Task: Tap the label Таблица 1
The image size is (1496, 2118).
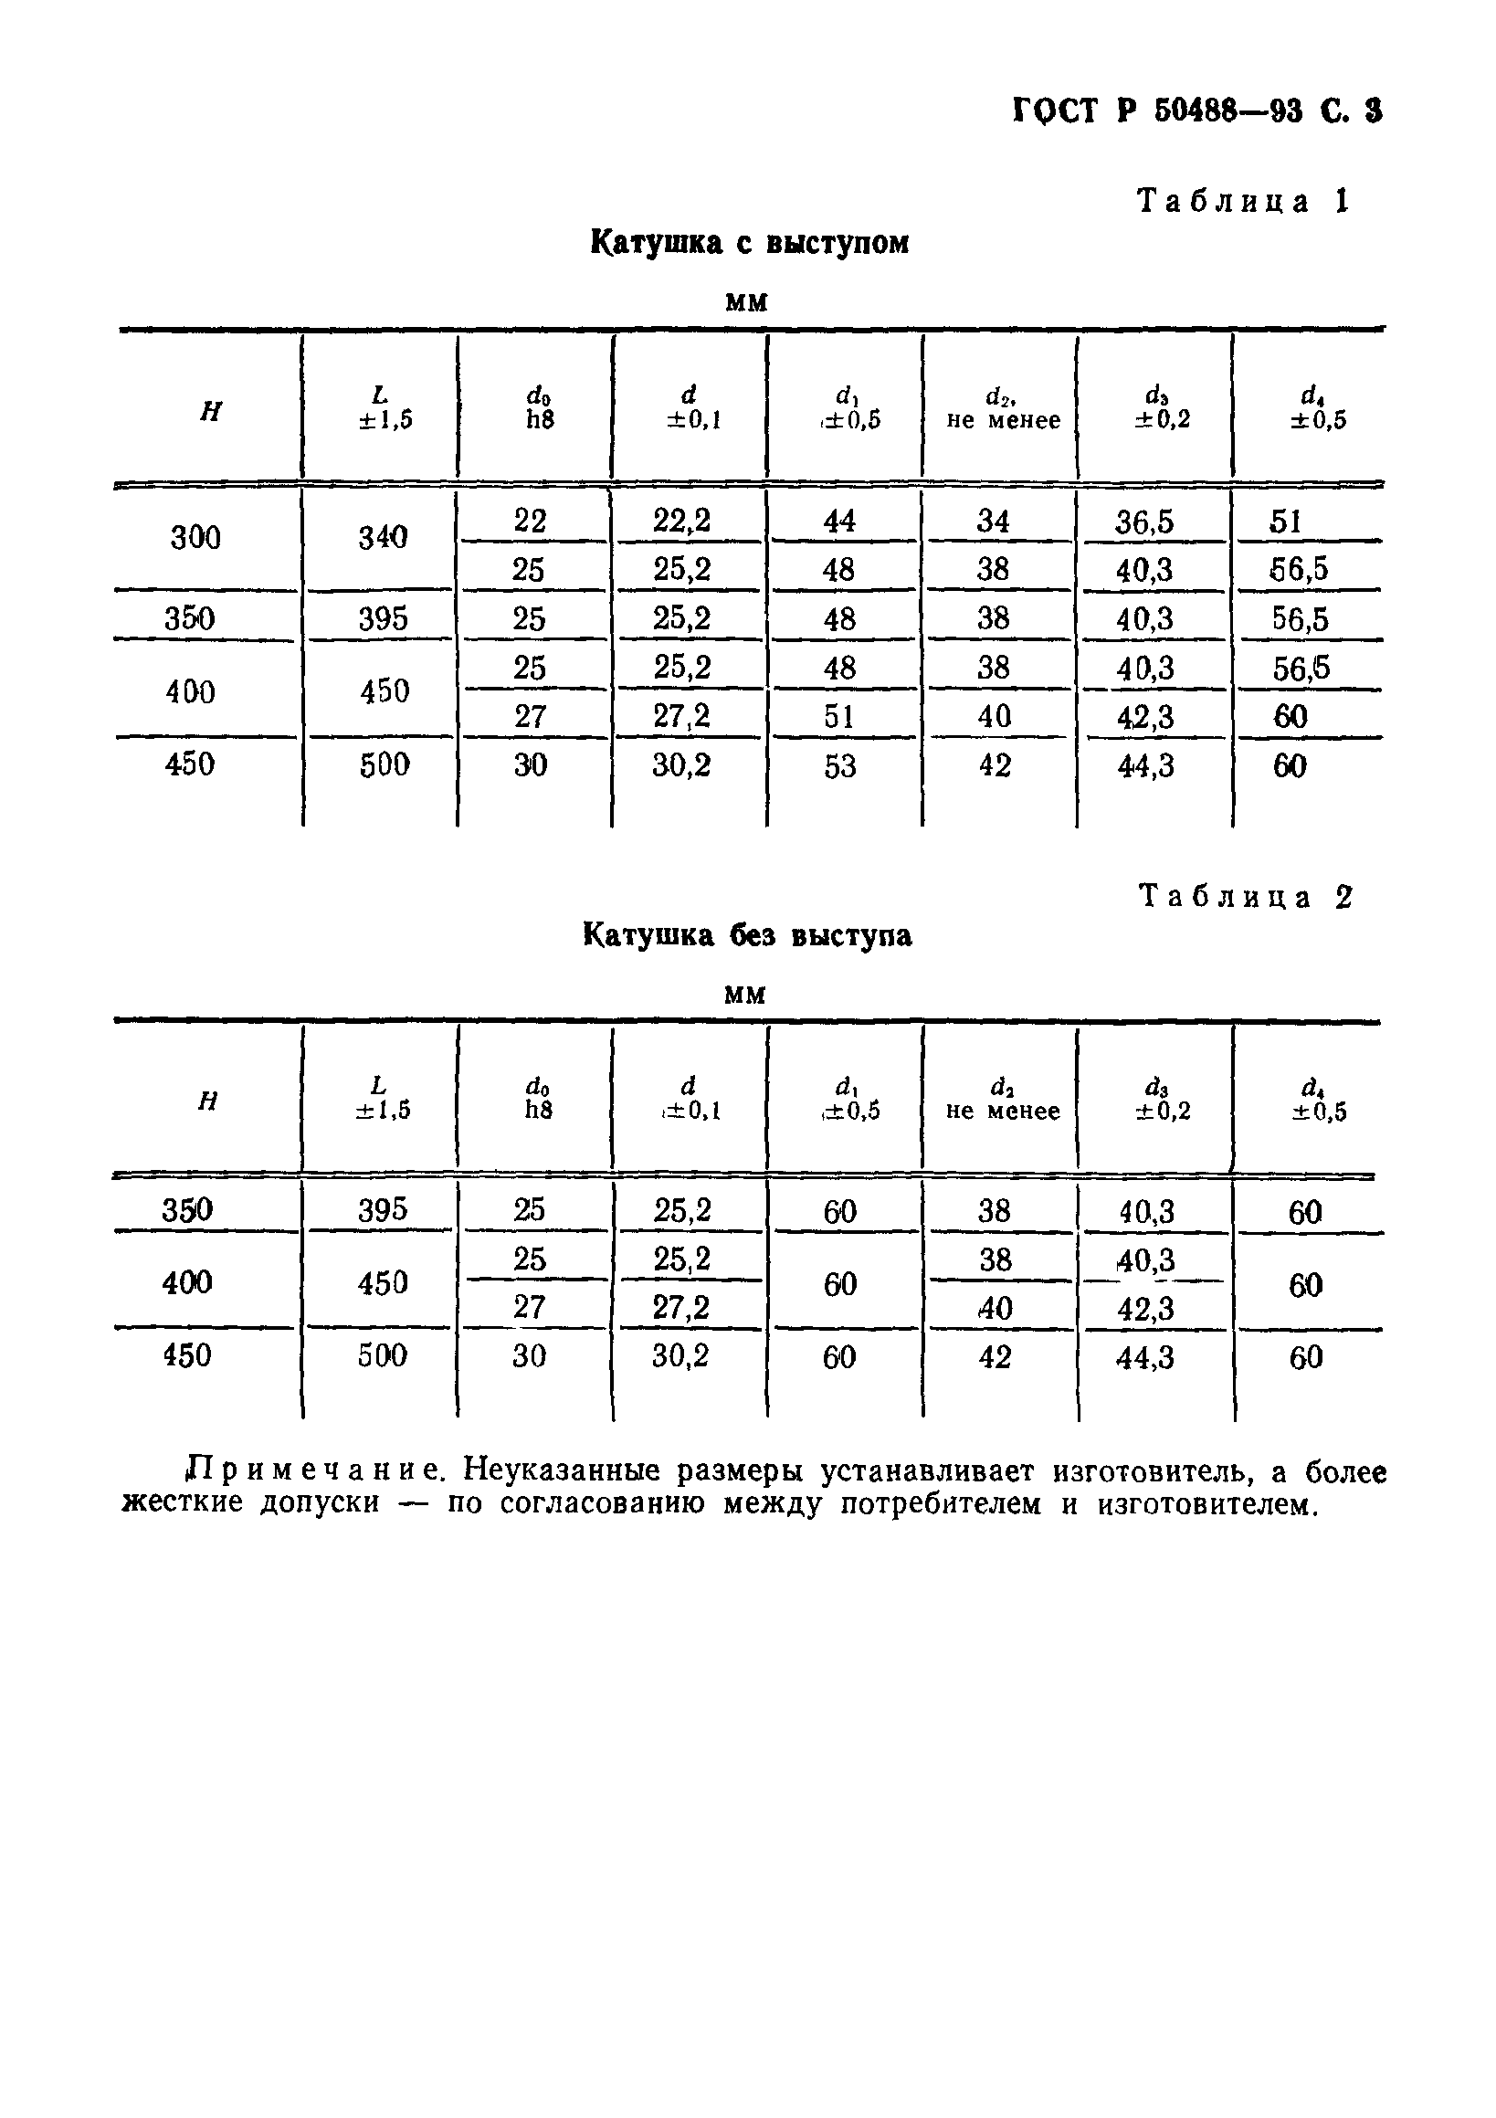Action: click(1243, 200)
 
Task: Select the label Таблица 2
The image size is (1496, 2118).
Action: click(1246, 896)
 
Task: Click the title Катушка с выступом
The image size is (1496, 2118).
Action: click(749, 243)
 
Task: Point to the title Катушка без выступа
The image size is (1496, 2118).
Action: click(747, 935)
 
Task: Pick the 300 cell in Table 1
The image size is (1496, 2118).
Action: click(195, 537)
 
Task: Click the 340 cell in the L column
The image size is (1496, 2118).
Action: click(383, 537)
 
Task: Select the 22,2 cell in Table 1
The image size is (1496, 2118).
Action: click(681, 522)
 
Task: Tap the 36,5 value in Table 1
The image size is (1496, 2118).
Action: click(1144, 522)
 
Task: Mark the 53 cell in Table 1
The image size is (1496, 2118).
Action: click(839, 765)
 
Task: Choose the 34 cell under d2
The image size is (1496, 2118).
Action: click(994, 522)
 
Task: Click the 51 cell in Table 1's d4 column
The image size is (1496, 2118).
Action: click(1285, 522)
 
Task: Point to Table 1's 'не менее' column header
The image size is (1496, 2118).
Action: click(1004, 421)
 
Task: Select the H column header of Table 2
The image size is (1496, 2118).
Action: click(208, 1101)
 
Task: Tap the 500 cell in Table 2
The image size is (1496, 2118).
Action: click(382, 1355)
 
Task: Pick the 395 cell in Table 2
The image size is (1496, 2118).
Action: click(382, 1209)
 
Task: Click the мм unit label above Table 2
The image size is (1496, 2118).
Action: click(744, 995)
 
